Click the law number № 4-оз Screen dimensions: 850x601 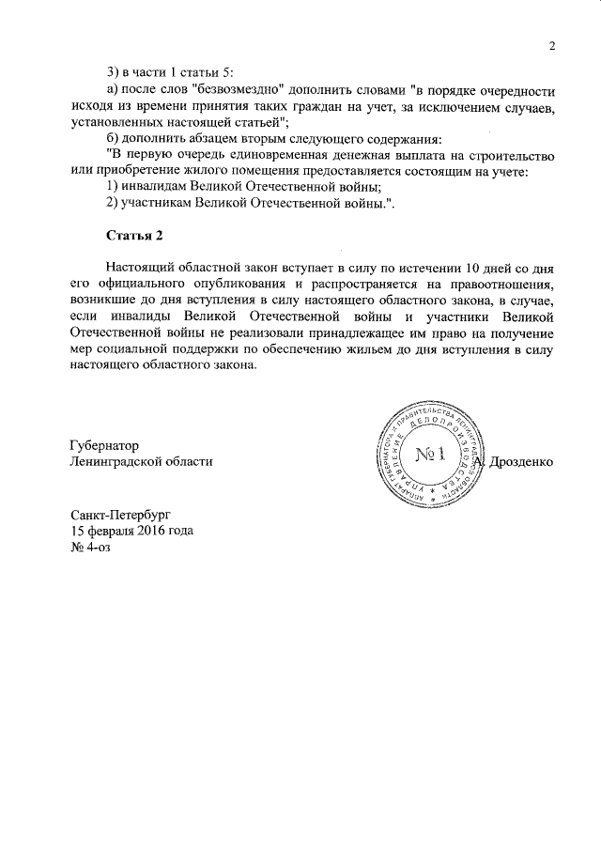[91, 547]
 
